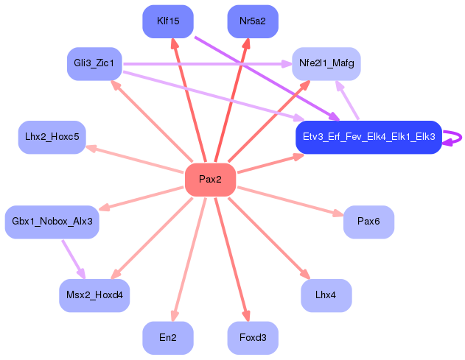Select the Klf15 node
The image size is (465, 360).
coord(168,21)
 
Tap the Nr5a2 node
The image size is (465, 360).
coord(253,21)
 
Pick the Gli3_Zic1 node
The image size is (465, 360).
coord(94,64)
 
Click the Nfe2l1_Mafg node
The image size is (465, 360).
coord(326,64)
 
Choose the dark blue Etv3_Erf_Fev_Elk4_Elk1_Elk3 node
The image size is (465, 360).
coord(368,137)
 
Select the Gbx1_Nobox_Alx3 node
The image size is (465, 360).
coord(52,222)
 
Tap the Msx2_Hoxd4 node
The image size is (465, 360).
coord(94,295)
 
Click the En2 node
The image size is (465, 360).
coord(168,338)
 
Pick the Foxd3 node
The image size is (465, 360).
coord(253,338)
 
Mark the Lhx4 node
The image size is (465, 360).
coord(326,295)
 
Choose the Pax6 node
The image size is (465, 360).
coord(368,222)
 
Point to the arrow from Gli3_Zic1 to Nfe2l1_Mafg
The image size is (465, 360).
coord(206,64)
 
